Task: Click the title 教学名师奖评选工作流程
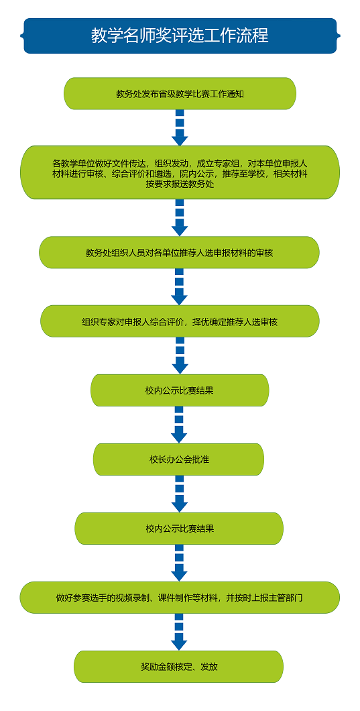coord(180,36)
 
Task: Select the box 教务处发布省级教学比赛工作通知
coord(180,93)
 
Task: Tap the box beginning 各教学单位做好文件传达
coord(180,172)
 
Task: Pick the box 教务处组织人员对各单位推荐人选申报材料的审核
coord(179,253)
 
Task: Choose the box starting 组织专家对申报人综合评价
coord(180,321)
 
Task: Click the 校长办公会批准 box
coord(178,459)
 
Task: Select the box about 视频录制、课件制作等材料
coord(180,598)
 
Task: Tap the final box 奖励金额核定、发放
coord(178,667)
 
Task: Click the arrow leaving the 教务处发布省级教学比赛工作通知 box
coord(180,127)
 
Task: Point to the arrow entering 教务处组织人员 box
coord(180,217)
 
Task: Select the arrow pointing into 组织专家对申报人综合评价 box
coord(180,287)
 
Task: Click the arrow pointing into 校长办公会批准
coord(179,425)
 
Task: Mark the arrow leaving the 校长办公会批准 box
coord(180,494)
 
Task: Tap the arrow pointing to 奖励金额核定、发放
coord(179,632)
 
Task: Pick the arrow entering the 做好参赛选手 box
coord(180,563)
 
